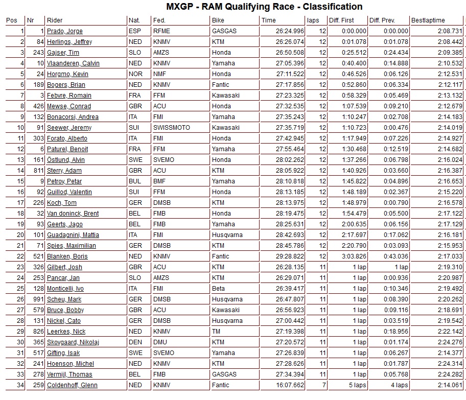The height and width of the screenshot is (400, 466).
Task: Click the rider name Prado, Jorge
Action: (64, 31)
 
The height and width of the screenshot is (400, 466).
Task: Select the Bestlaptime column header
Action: (428, 20)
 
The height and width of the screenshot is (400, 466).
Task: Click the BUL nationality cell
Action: (135, 181)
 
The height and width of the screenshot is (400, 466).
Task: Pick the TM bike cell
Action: (216, 332)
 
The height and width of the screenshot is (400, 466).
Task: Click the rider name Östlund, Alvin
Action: (66, 160)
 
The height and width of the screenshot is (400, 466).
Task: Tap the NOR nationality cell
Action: (135, 74)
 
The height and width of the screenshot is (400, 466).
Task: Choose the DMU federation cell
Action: (160, 342)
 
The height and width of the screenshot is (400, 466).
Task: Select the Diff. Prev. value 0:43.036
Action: (395, 256)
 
